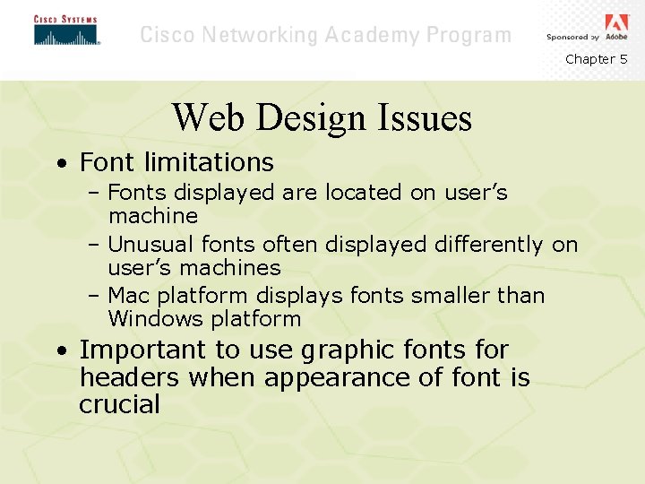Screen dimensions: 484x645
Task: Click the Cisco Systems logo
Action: coord(65,30)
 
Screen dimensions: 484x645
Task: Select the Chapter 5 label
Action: coord(596,59)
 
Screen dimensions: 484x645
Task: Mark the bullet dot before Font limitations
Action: coord(59,164)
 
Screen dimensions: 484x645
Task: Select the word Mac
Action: coord(126,296)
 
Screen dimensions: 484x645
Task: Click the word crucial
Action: coord(119,404)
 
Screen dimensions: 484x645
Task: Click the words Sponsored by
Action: coord(572,38)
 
